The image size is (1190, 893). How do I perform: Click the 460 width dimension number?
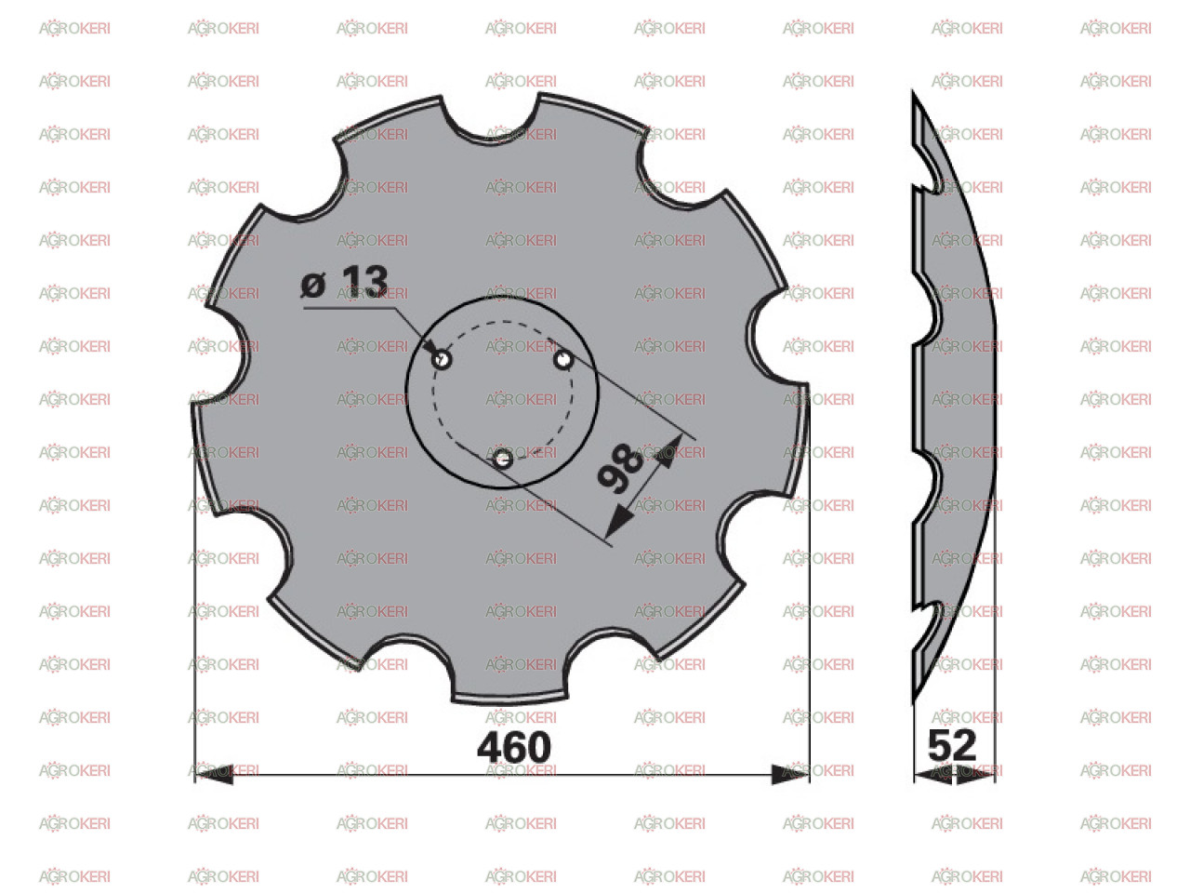coord(513,747)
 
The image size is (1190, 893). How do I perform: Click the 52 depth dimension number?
coord(952,745)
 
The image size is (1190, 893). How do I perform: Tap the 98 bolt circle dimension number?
coord(621,469)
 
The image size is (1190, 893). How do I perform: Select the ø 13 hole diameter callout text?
coord(344,282)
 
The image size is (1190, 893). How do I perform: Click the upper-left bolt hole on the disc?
coord(442,359)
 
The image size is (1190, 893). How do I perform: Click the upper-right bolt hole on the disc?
coord(563,359)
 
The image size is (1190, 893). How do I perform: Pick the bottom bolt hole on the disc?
coord(503,460)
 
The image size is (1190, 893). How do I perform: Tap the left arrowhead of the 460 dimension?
coord(214,774)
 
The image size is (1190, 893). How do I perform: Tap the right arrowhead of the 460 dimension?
coord(790,774)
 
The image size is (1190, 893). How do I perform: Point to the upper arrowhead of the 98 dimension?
coord(669,449)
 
